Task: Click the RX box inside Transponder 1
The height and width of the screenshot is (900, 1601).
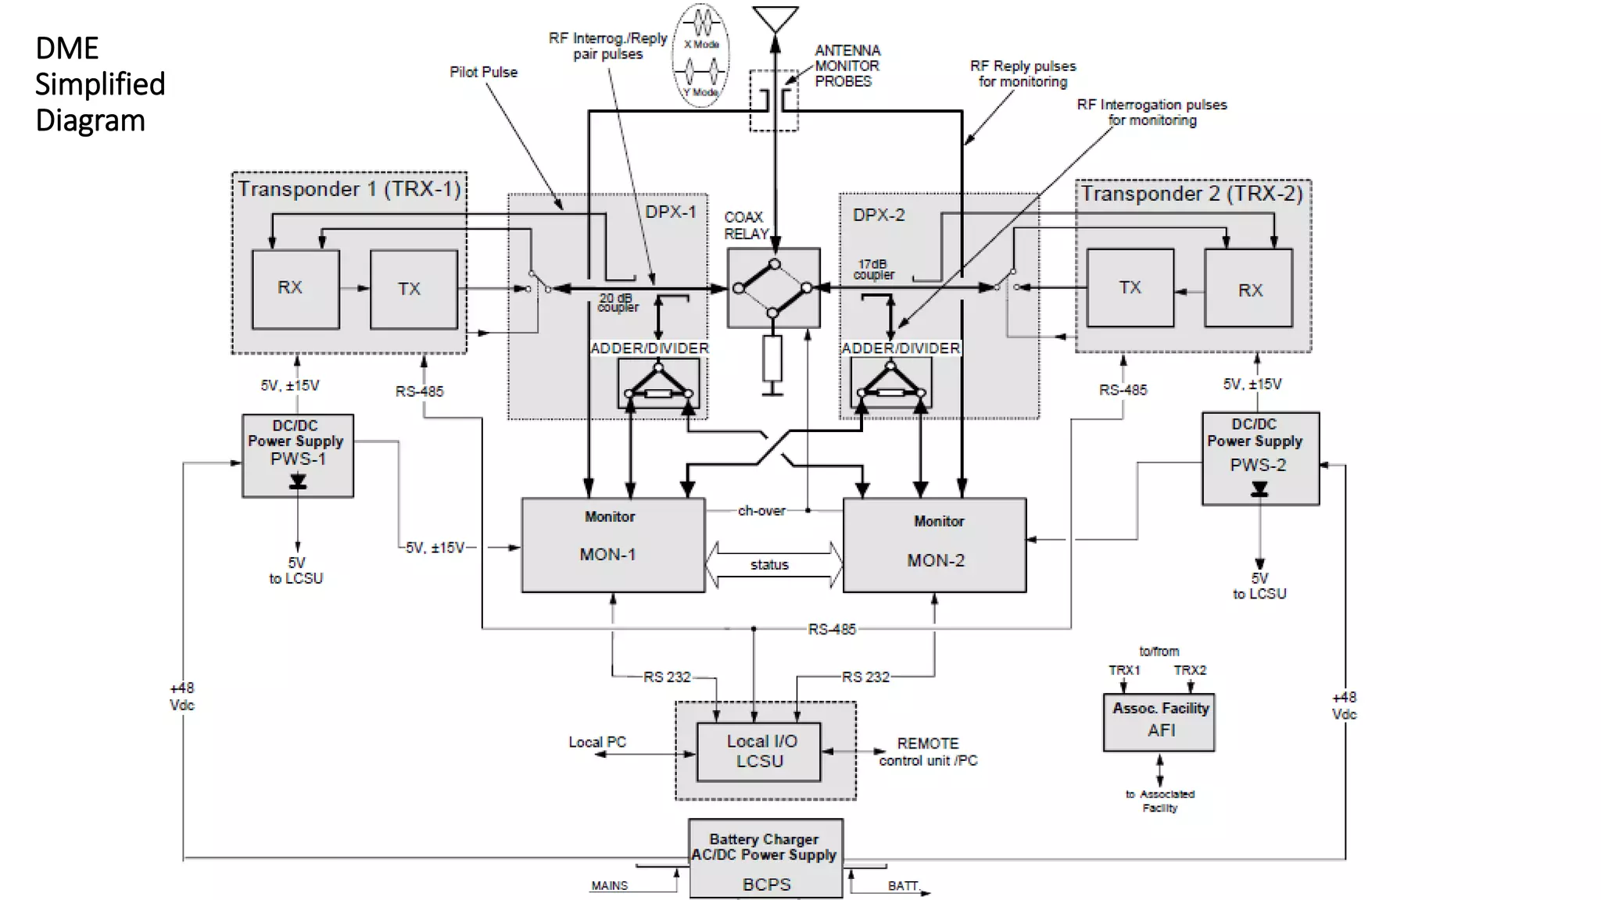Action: (295, 289)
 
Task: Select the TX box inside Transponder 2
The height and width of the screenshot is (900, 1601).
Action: (1130, 287)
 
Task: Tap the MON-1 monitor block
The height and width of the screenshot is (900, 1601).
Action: (613, 545)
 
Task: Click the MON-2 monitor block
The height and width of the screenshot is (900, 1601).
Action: (934, 545)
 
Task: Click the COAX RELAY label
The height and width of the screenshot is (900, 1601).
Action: (745, 226)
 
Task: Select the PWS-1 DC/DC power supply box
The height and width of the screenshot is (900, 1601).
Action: (297, 455)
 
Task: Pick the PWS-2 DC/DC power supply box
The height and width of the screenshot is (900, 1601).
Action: (1259, 457)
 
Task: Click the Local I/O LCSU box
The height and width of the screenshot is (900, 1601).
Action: (759, 752)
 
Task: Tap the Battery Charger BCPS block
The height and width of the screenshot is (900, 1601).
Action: (765, 859)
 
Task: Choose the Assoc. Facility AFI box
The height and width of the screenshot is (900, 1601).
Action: (1159, 722)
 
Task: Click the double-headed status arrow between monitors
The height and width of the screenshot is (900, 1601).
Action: (773, 565)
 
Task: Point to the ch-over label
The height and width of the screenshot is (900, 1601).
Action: (761, 511)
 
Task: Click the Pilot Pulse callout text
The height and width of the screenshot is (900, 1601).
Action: (483, 72)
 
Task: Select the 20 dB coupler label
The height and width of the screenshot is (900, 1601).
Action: (617, 303)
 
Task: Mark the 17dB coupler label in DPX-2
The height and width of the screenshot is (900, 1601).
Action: (873, 270)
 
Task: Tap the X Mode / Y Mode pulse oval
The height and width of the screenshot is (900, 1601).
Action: (701, 55)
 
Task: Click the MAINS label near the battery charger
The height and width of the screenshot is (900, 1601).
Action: (609, 886)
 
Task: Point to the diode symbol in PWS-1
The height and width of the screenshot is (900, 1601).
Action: (298, 481)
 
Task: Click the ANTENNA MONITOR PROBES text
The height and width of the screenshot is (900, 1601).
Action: (847, 66)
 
